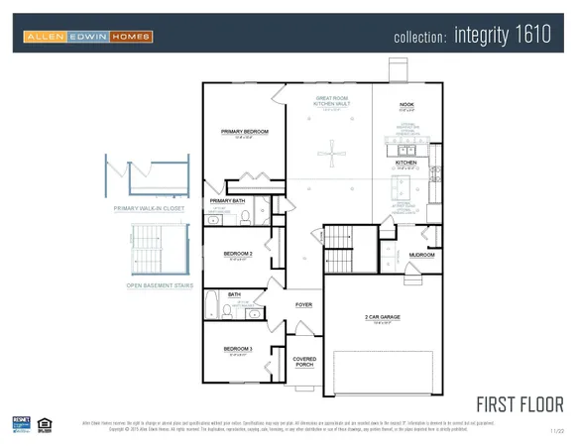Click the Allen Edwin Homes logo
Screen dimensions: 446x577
point(88,37)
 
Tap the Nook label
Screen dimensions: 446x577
point(406,104)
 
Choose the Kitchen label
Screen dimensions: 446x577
point(406,162)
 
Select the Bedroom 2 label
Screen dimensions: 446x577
point(238,254)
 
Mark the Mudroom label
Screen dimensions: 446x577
point(422,255)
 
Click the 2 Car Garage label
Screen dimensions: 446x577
point(382,317)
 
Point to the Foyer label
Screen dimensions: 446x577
point(304,305)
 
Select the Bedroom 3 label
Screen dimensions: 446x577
point(238,349)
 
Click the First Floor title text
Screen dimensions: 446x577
point(519,404)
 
